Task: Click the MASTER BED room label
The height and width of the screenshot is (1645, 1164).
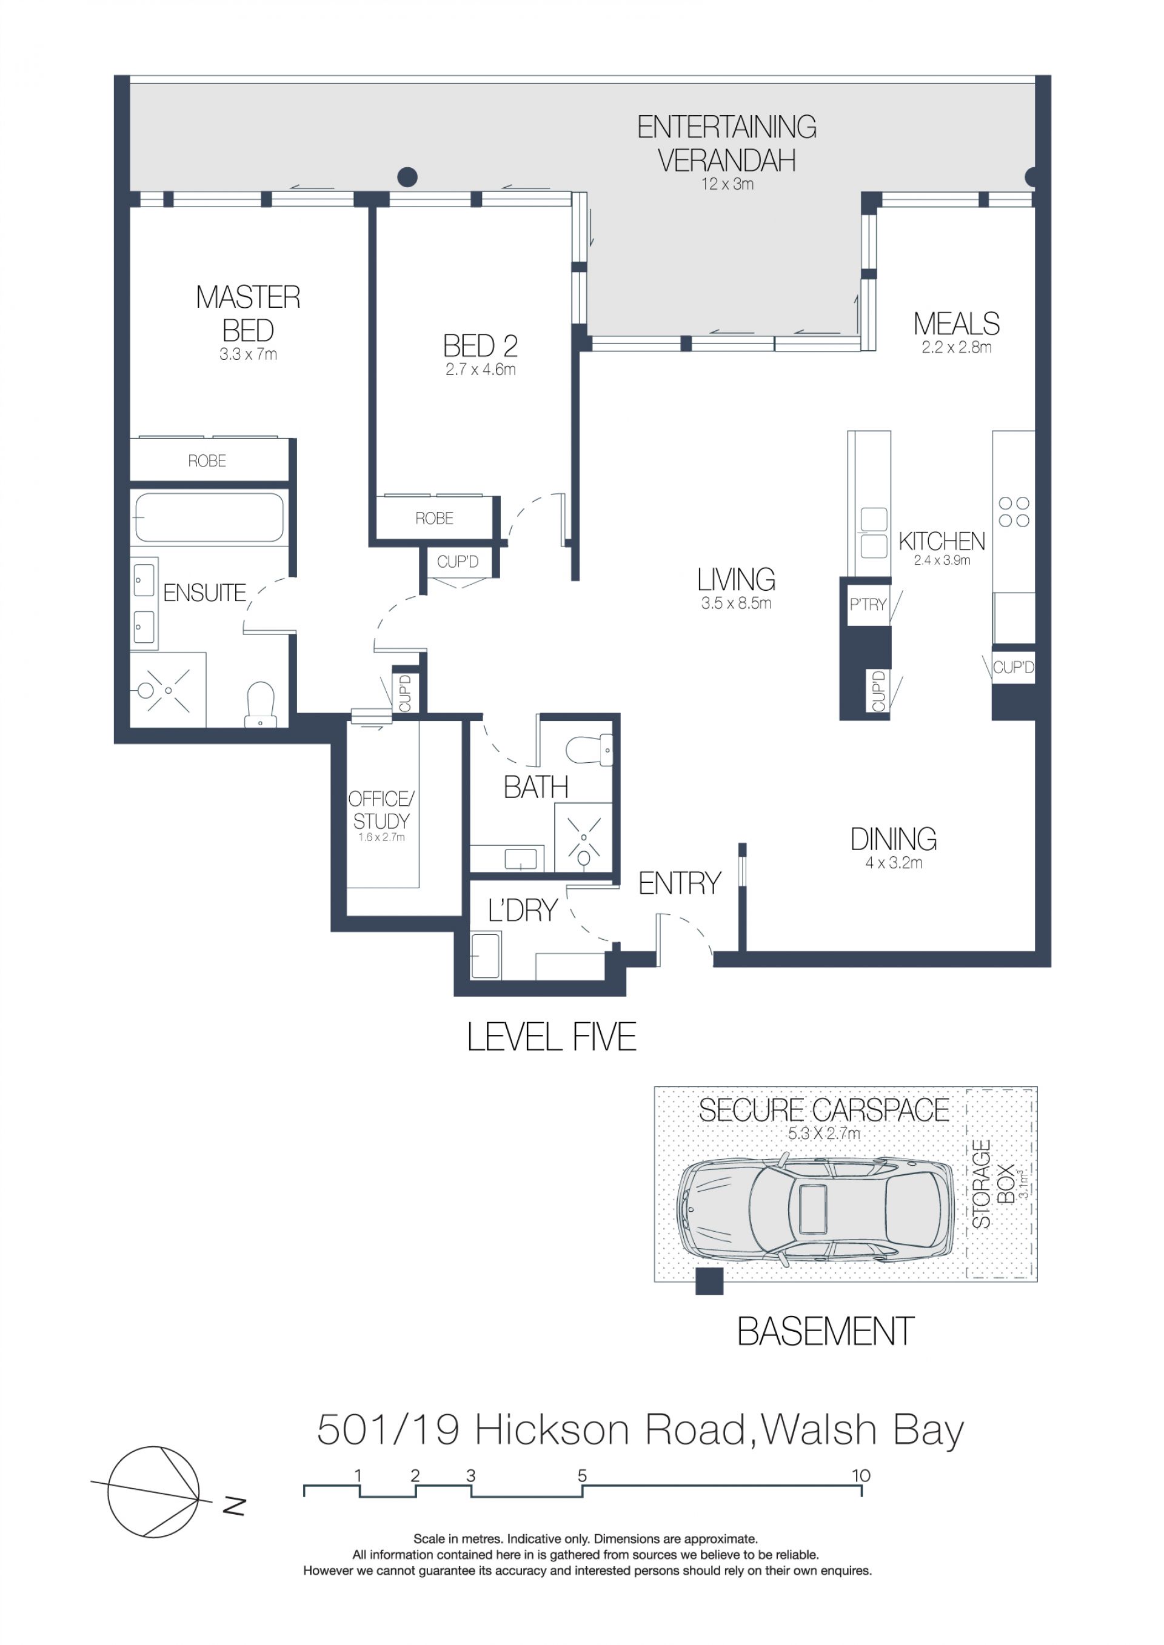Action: pos(248,314)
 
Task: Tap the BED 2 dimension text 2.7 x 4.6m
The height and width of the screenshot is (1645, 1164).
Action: pos(480,370)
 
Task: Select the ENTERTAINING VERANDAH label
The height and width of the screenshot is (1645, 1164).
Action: pos(727,144)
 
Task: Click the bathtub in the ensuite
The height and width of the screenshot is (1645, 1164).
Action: pos(209,517)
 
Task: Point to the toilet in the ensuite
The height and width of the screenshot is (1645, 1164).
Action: pos(260,703)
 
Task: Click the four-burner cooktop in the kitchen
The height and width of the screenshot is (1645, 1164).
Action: pos(1014,512)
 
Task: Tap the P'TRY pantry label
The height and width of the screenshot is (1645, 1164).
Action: pos(868,605)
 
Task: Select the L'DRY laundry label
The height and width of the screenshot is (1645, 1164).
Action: pos(523,911)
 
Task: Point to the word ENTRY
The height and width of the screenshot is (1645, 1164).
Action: pos(680,883)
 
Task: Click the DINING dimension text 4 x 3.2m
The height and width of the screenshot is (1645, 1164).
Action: pos(894,863)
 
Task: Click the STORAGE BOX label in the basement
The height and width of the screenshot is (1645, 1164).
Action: pos(994,1183)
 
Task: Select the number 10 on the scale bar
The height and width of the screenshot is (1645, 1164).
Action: pos(861,1476)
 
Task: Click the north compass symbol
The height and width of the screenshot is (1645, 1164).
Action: pos(153,1492)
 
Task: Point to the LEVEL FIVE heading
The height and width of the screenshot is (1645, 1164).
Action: pos(552,1037)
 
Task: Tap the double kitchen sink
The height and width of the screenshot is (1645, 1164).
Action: pos(873,533)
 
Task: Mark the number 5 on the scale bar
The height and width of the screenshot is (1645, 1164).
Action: pos(582,1476)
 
